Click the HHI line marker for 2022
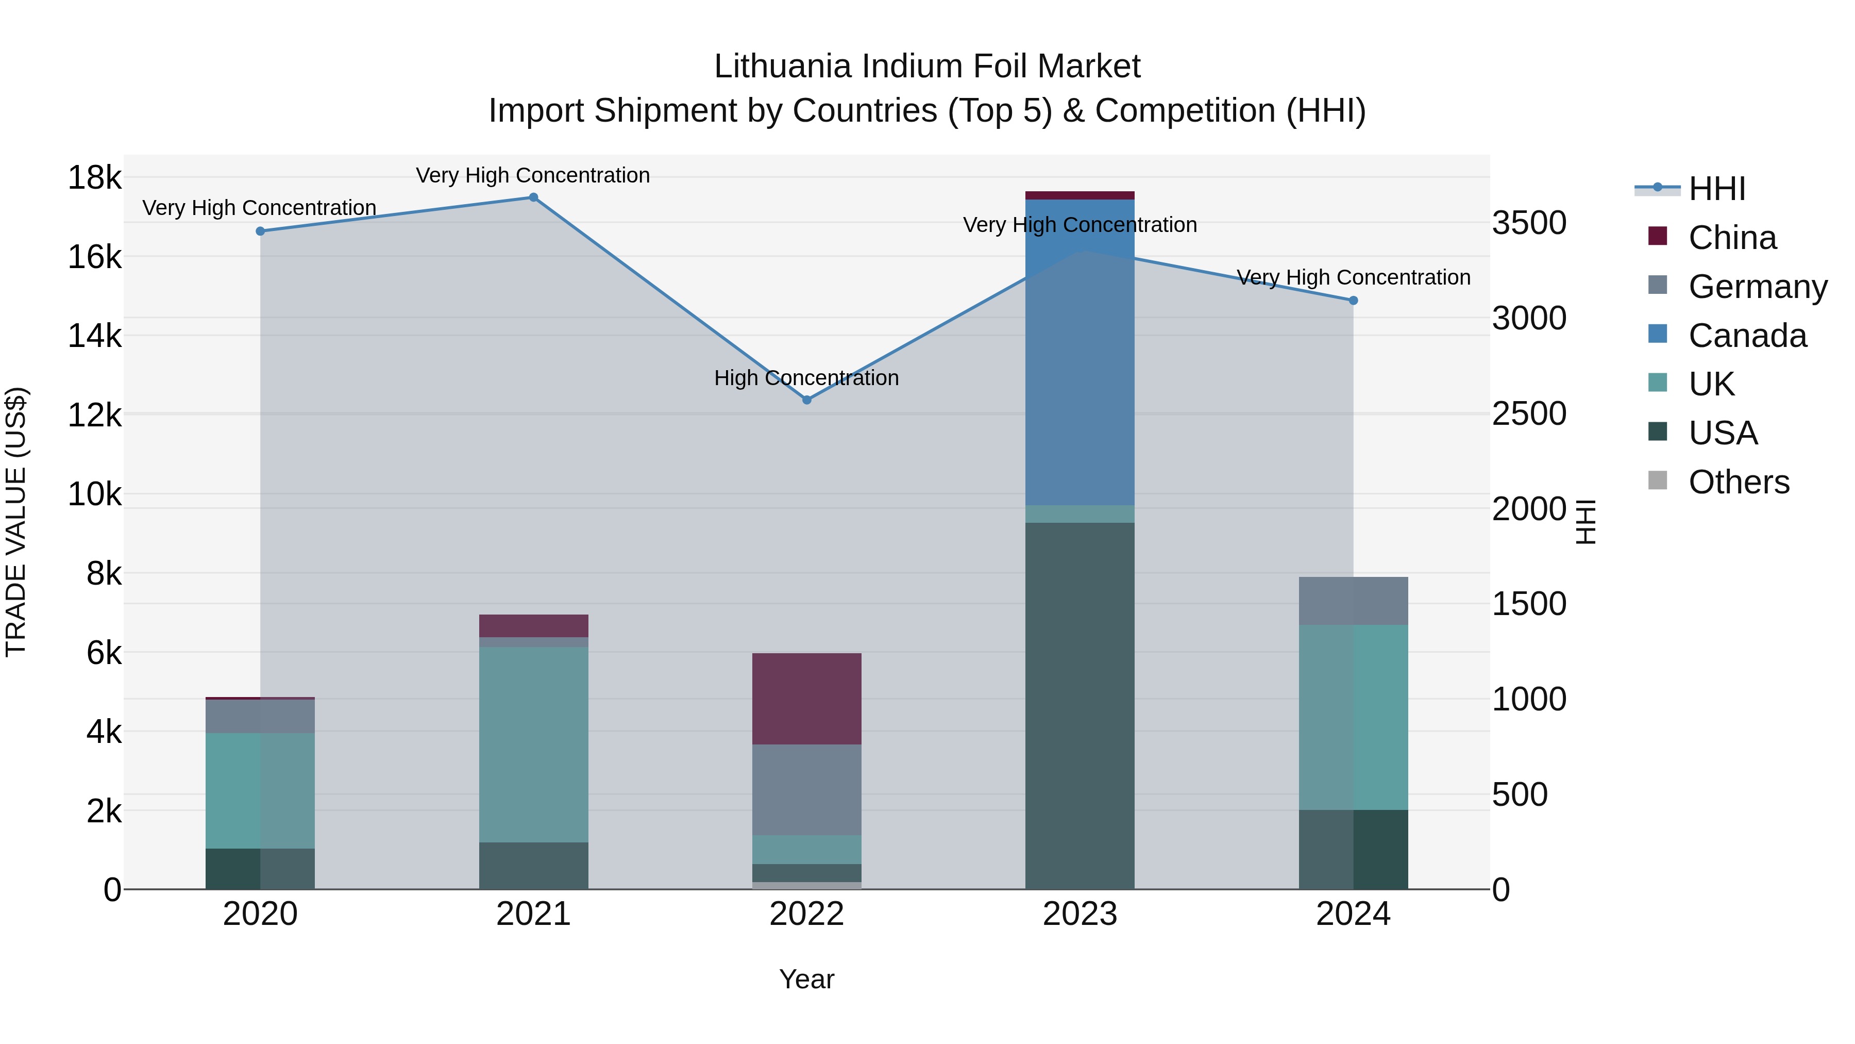(x=806, y=400)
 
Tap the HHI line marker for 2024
(x=1353, y=301)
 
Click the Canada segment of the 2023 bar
(x=1080, y=353)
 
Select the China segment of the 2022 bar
(x=806, y=699)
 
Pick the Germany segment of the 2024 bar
(x=1353, y=601)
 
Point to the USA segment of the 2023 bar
(x=1080, y=706)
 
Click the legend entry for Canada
(x=1746, y=336)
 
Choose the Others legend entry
(x=1738, y=482)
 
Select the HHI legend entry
(x=1716, y=189)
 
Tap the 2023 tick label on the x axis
(x=1080, y=914)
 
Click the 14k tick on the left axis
(x=94, y=336)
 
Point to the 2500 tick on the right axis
(x=1529, y=413)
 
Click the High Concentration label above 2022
(x=806, y=378)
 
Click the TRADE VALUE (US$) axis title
(x=16, y=522)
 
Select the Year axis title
(x=806, y=979)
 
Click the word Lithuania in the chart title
(x=783, y=67)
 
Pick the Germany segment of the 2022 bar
(x=806, y=790)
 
